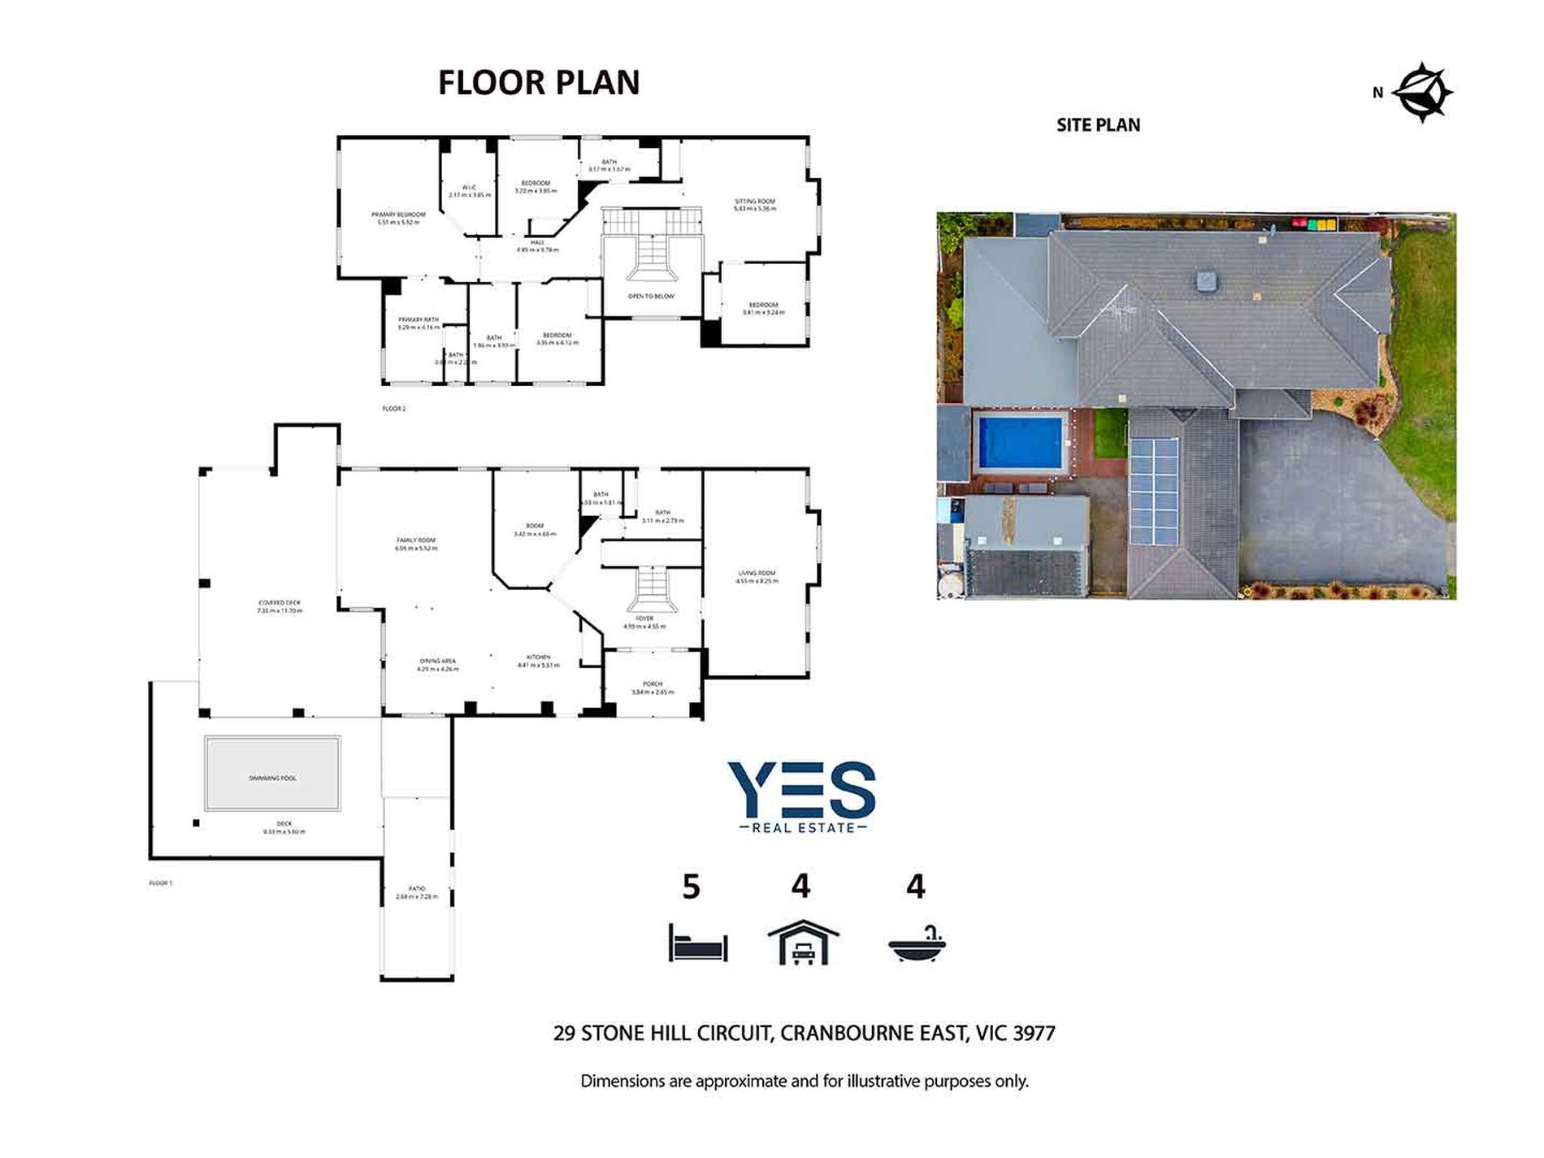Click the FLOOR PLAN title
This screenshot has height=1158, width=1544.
(x=539, y=83)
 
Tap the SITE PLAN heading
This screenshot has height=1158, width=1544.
(x=1098, y=125)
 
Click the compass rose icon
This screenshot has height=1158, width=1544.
(x=1422, y=93)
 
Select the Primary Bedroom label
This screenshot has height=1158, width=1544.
(x=398, y=215)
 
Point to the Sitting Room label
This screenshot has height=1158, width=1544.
(x=755, y=202)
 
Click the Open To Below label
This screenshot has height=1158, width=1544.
(x=652, y=297)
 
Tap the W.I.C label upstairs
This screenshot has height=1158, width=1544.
(x=470, y=189)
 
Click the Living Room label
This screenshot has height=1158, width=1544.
(x=757, y=574)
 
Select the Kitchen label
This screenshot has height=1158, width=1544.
(x=538, y=657)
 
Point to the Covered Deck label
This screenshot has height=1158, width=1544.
(x=279, y=603)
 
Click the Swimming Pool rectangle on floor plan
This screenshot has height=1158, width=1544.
(x=272, y=774)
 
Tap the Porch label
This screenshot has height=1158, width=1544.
(x=653, y=684)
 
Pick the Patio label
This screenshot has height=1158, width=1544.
(x=417, y=889)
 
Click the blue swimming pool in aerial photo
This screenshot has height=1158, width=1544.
(x=1020, y=442)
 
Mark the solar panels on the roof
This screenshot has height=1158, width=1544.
(x=1154, y=492)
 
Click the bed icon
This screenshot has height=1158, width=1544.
(x=698, y=943)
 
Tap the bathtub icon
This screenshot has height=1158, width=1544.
(x=917, y=945)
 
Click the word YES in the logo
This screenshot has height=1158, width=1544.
(x=801, y=790)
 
